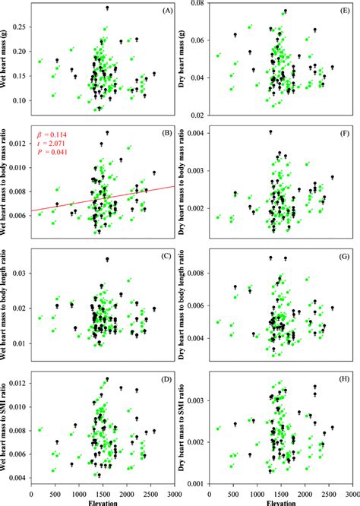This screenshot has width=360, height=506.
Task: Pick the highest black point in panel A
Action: pyautogui.click(x=107, y=8)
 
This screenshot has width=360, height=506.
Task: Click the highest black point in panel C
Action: pyautogui.click(x=107, y=259)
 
